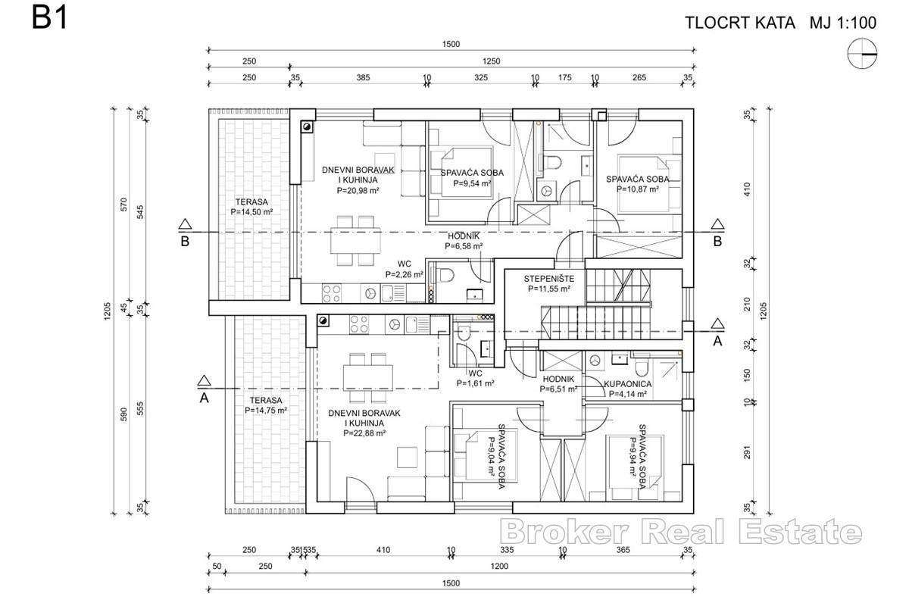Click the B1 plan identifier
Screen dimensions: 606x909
point(50,18)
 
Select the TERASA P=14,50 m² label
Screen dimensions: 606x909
point(251,207)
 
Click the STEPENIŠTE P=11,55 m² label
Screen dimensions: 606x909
point(547,283)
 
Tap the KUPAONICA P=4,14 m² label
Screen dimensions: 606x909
point(625,389)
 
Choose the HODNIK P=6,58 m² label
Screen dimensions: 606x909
point(464,240)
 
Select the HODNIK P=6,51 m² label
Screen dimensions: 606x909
point(558,384)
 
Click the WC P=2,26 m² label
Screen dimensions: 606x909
point(404,270)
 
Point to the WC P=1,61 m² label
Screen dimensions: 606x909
point(475,378)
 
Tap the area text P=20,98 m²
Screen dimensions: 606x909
point(358,191)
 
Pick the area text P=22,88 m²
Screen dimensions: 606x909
point(364,433)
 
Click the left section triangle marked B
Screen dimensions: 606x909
point(184,225)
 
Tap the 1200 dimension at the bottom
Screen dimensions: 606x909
point(498,567)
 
